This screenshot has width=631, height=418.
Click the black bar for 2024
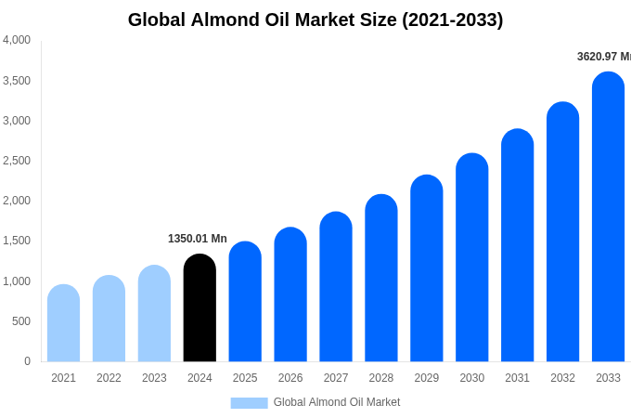(x=200, y=308)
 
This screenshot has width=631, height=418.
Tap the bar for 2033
(x=608, y=217)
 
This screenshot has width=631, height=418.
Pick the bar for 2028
(x=381, y=279)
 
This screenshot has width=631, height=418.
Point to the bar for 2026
(x=290, y=295)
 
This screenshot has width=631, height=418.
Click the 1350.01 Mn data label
(x=198, y=239)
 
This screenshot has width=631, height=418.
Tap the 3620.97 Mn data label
(x=603, y=57)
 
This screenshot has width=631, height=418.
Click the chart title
(x=315, y=20)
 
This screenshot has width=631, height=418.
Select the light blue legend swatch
(x=249, y=402)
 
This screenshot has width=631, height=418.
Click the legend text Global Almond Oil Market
(x=337, y=402)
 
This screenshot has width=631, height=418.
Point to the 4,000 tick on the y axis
(x=17, y=40)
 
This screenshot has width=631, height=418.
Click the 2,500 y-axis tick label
(x=17, y=161)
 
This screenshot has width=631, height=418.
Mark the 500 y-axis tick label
(x=20, y=321)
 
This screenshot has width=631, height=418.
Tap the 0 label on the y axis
(x=27, y=361)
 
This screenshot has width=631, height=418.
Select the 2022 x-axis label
(x=109, y=378)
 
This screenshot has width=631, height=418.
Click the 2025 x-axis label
(x=245, y=378)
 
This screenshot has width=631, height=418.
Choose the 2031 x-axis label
(x=518, y=378)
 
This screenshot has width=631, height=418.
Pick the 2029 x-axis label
(x=427, y=378)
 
